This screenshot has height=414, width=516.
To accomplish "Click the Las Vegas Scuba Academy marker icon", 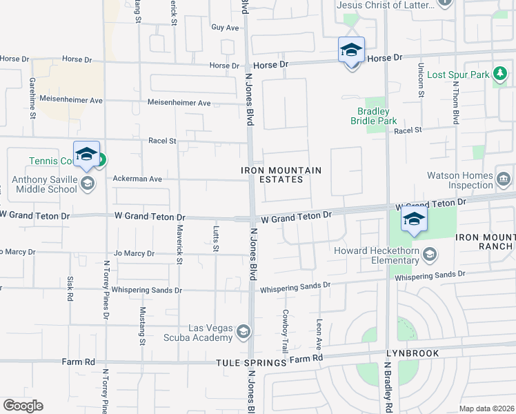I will (x=243, y=333).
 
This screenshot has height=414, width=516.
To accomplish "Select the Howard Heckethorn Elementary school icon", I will (x=430, y=256).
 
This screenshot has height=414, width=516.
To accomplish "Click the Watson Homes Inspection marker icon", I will (x=503, y=180).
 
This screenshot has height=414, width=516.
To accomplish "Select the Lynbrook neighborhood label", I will (x=413, y=353).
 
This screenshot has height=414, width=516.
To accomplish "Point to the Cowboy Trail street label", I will (x=285, y=331).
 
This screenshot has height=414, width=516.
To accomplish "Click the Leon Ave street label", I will (x=319, y=333).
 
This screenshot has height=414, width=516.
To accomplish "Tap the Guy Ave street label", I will (x=225, y=28).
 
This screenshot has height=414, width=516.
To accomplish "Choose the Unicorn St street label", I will (x=419, y=81).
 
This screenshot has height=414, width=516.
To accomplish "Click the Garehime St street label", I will (x=32, y=97).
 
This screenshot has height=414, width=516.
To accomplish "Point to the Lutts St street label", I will (x=216, y=238).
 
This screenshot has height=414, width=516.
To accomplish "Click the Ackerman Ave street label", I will (x=137, y=179).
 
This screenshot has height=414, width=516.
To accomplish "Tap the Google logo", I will (x=23, y=406).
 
